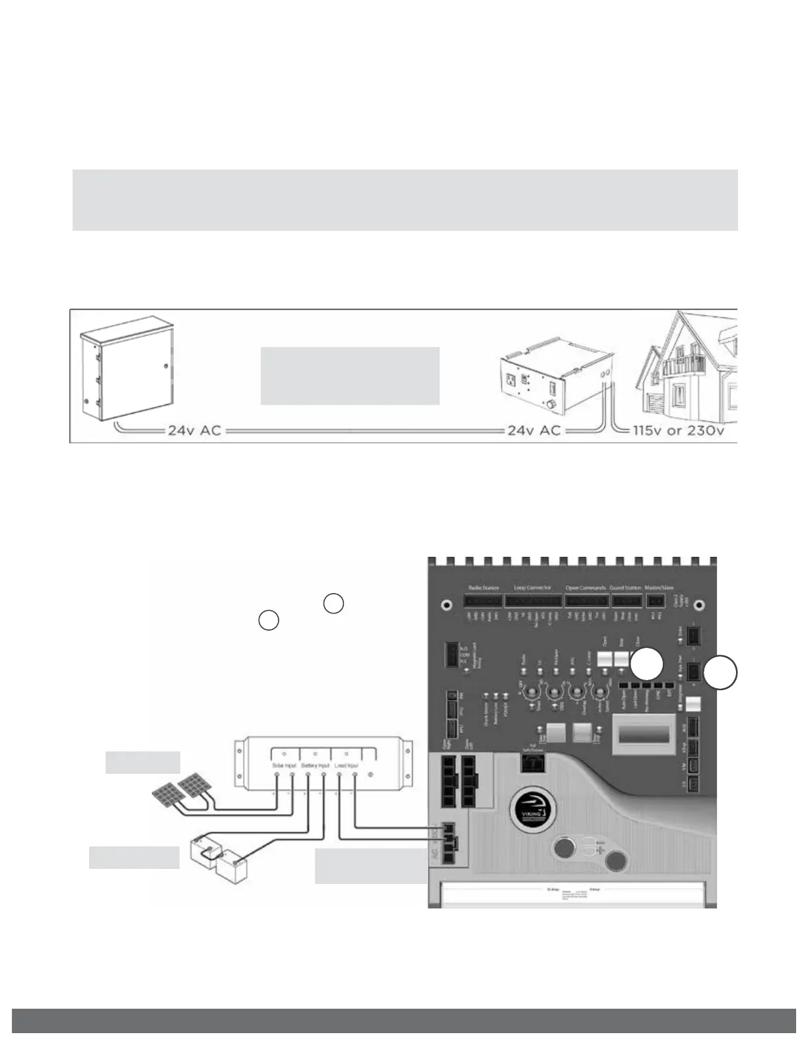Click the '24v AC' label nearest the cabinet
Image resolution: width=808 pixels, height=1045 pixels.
(194, 431)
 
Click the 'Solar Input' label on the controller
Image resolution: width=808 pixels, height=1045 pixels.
(285, 765)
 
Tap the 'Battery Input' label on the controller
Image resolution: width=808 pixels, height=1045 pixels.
(316, 765)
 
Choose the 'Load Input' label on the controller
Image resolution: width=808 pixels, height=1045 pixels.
(347, 765)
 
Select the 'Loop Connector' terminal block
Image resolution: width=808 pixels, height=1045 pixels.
(533, 601)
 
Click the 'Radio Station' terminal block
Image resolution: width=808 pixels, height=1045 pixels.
(483, 601)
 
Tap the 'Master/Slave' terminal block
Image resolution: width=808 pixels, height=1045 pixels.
(655, 601)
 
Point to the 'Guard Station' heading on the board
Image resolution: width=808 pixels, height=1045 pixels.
(625, 588)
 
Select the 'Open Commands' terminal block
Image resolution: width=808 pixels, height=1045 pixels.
(586, 601)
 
